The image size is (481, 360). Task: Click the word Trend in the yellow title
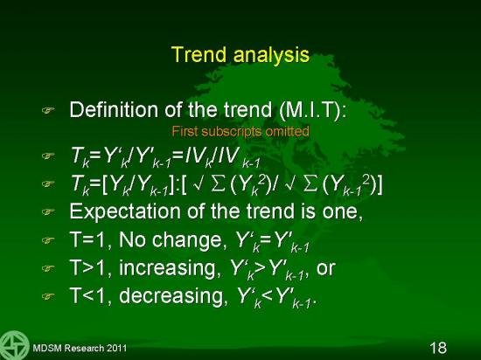coord(199,54)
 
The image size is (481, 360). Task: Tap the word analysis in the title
coord(271,55)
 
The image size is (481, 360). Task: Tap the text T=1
coord(90,239)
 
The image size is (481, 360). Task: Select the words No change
coord(171,239)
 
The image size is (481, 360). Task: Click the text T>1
coord(90,267)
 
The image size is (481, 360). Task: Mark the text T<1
coord(90,295)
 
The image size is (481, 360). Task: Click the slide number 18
coord(438,348)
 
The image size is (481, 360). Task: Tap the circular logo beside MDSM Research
coord(14,345)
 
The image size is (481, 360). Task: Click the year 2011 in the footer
coord(116,348)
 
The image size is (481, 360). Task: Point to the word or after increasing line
coord(326,268)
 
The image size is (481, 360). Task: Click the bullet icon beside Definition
coord(48,110)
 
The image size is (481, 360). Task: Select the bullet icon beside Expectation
coord(48,211)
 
